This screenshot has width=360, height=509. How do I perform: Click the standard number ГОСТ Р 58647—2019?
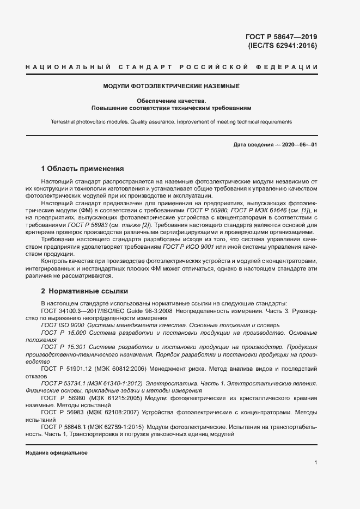282,37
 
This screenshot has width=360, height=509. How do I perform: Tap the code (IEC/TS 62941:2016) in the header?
282,46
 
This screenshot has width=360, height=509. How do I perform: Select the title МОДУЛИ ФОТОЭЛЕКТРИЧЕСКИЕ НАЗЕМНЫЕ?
172,86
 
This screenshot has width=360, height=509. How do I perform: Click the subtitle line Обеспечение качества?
172,101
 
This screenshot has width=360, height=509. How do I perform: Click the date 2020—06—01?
298,145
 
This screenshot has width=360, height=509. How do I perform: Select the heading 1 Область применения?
83,168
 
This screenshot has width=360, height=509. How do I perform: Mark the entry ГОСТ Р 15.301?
65,346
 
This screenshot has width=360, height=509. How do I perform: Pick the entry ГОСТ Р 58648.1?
66,427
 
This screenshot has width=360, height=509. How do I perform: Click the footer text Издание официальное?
56,453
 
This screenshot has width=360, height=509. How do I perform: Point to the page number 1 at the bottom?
316,463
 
